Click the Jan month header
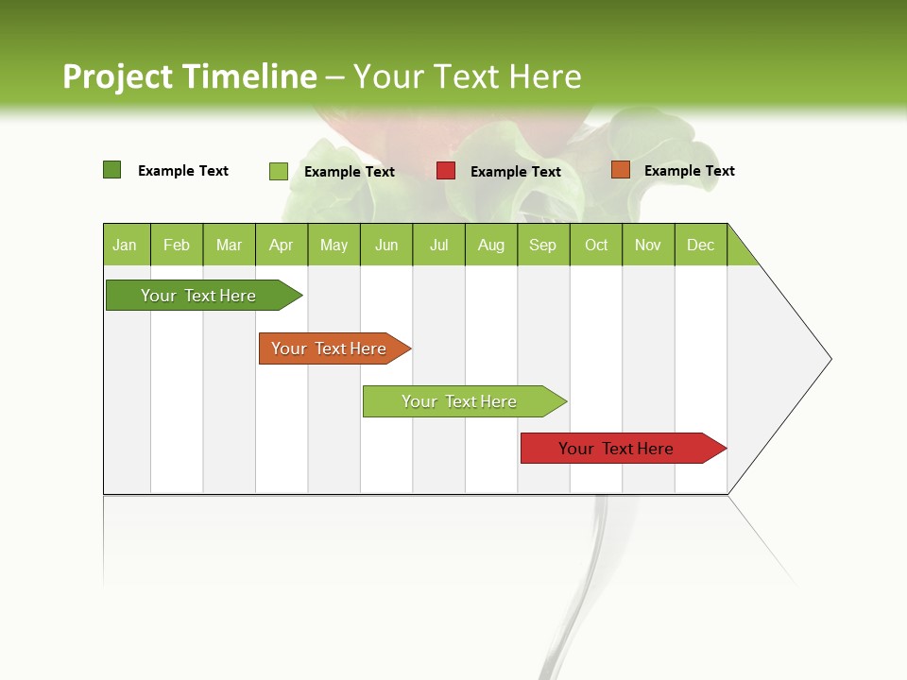click(126, 245)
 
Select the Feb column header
click(177, 245)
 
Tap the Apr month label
click(281, 245)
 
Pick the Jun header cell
click(386, 245)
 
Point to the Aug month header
click(490, 245)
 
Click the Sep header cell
click(542, 245)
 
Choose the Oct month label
click(596, 245)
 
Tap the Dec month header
click(700, 245)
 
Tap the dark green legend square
click(111, 170)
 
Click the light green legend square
click(278, 171)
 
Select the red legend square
click(445, 171)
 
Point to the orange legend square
click(620, 170)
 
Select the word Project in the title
click(118, 76)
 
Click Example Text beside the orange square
click(689, 171)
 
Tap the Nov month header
click(647, 245)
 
